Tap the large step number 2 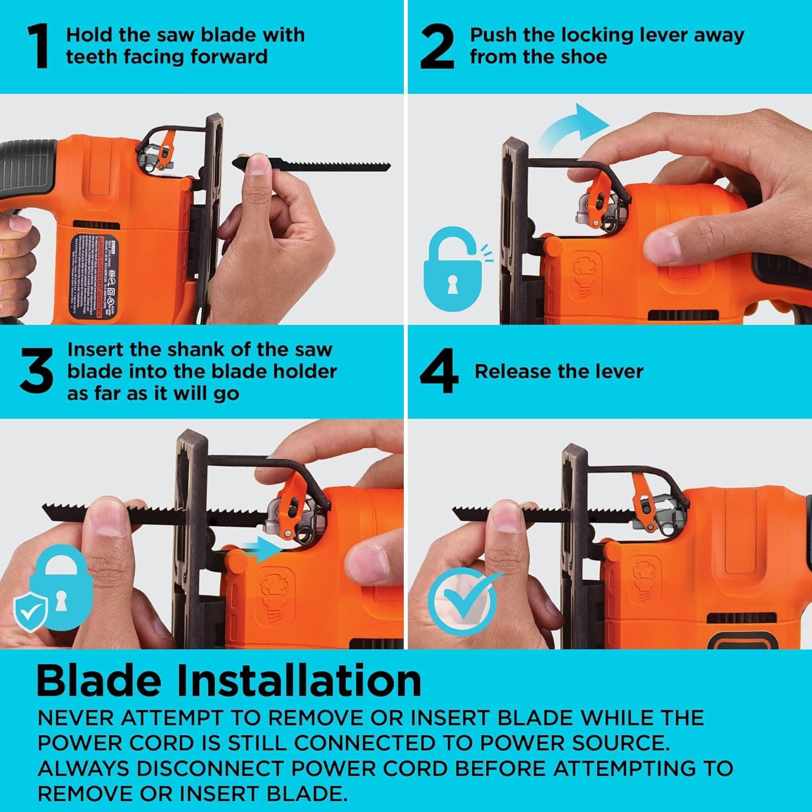click(437, 48)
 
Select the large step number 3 click(36, 371)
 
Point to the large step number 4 click(438, 371)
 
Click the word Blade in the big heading click(99, 680)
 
